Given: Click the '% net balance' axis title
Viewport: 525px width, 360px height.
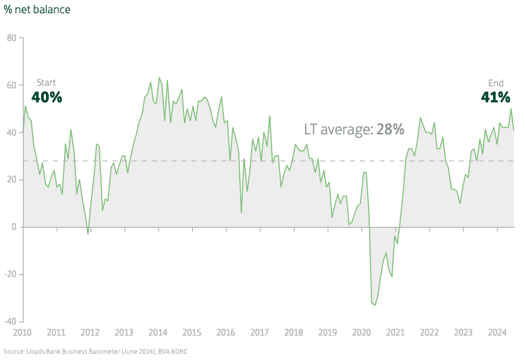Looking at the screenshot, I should [x=37, y=10].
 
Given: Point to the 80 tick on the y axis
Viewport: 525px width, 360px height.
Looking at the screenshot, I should [x=11, y=38].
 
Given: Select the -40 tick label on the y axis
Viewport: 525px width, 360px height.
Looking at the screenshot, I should [x=9, y=322].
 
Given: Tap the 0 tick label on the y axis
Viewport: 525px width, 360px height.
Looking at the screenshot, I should [x=14, y=227].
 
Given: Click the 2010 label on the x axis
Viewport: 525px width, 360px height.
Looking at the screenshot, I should [x=22, y=333].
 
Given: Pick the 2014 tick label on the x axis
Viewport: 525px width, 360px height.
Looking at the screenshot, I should [x=158, y=333].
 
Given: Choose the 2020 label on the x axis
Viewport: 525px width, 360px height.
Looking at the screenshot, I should [x=361, y=333].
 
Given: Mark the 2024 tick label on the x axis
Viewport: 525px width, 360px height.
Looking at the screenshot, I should [x=497, y=333].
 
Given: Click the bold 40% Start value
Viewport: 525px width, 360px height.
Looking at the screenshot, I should [x=47, y=97].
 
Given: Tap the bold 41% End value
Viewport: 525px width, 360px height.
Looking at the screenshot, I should [x=496, y=97].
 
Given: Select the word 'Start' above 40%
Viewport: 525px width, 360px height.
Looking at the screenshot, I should [x=46, y=83].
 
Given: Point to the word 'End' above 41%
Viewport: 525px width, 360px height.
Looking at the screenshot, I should [x=496, y=83].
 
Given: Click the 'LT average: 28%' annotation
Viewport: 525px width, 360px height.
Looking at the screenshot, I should [x=354, y=130].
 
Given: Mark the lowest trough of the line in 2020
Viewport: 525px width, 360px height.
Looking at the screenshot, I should [x=375, y=304].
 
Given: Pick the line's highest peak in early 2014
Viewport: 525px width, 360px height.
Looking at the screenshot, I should [x=159, y=78].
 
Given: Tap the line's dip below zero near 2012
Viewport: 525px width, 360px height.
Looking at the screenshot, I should [x=88, y=234].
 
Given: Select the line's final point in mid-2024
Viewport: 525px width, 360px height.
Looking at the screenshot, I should [x=514, y=130].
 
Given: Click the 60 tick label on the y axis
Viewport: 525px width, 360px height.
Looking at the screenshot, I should [x=11, y=85].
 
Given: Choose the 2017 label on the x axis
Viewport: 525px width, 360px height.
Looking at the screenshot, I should [x=260, y=333].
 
